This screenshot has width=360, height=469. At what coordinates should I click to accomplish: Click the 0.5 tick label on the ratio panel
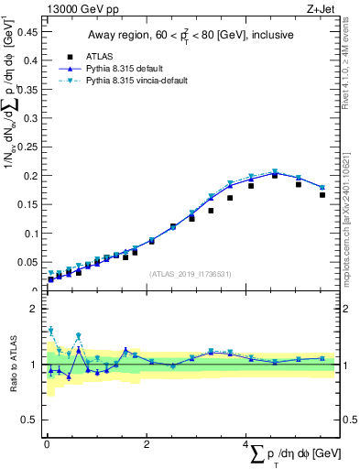point(30,420)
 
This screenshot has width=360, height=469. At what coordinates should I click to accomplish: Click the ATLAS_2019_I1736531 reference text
point(191,274)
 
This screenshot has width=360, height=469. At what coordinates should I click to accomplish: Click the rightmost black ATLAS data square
point(322,195)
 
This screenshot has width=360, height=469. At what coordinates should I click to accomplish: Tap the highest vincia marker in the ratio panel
point(50,331)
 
